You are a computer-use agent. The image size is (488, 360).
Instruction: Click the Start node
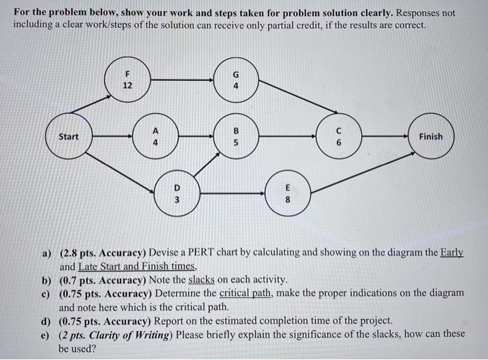tap(68, 137)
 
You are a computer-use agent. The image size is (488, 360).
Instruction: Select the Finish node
tap(430, 137)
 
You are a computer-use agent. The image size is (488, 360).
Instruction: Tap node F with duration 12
tap(127, 80)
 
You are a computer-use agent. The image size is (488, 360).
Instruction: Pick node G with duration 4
tap(236, 80)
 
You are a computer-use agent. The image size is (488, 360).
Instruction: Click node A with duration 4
tap(155, 137)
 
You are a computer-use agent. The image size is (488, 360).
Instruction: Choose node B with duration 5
tap(236, 137)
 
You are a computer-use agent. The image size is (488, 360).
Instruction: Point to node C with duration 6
tap(338, 137)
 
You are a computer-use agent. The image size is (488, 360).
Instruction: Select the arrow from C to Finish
tap(383, 137)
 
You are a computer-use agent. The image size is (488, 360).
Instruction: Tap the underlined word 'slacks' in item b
tap(203, 280)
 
